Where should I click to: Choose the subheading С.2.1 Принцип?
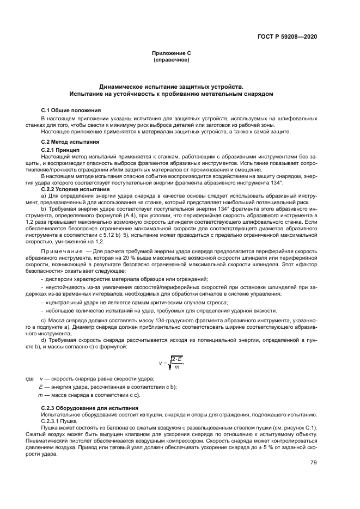60,149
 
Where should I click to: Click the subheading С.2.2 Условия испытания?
75,189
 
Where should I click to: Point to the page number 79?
313,463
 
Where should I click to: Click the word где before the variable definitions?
30,378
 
